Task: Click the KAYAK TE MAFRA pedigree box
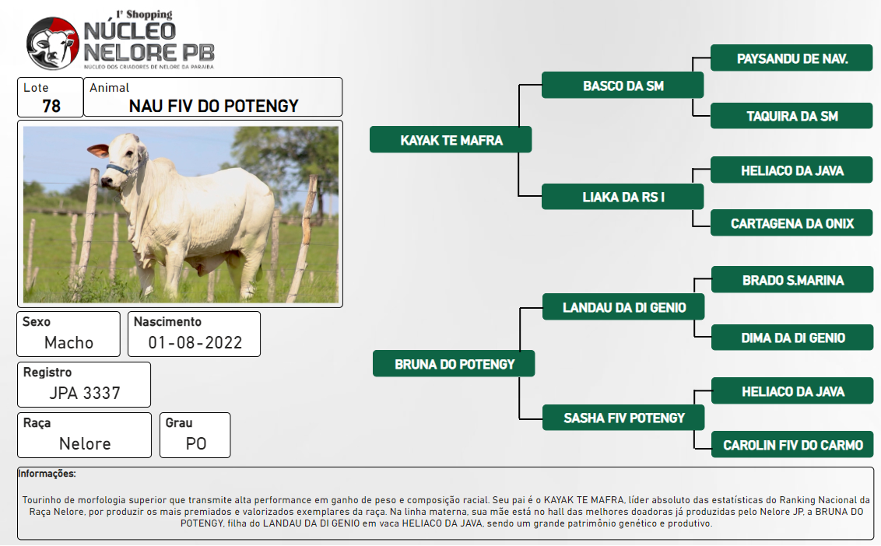451,140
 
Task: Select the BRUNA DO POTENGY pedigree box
454,364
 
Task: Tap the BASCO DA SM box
623,86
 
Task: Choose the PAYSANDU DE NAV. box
791,58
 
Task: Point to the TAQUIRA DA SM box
791,117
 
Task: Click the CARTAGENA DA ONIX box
791,223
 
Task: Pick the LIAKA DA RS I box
623,197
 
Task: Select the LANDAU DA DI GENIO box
623,307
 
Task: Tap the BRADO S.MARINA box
792,280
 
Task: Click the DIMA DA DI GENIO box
792,338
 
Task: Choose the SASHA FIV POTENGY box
623,418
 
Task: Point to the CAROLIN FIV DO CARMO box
792,445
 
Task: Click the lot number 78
51,106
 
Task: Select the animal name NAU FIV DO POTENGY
213,106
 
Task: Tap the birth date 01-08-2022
195,343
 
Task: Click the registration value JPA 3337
85,394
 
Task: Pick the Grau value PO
196,444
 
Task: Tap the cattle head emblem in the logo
53,44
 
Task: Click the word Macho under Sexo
68,343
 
